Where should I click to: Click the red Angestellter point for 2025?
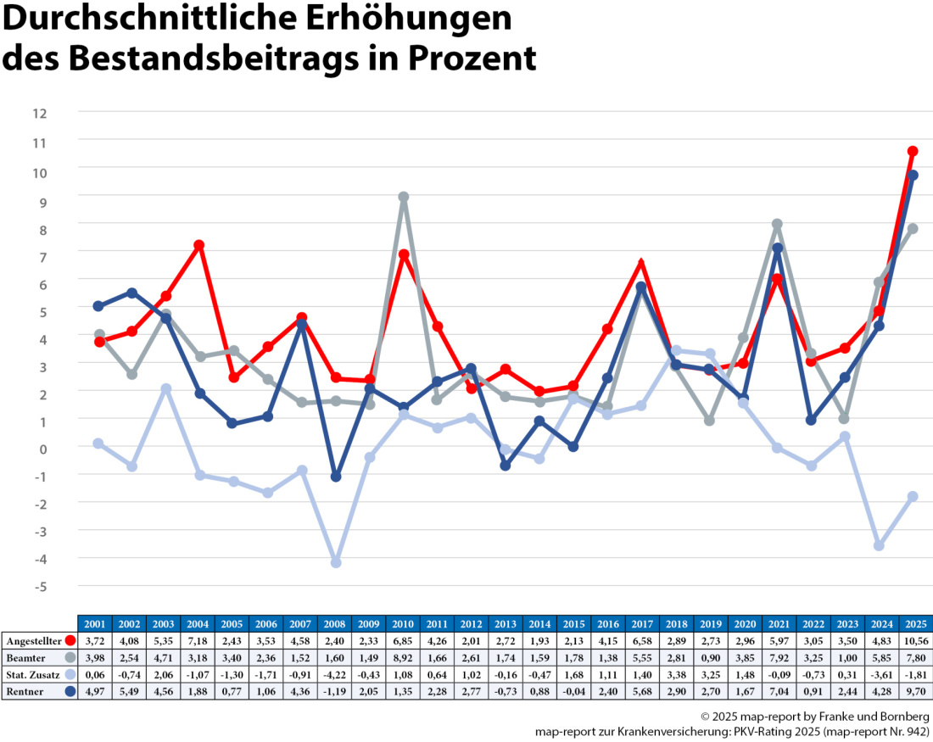913,151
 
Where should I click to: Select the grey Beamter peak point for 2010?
404,197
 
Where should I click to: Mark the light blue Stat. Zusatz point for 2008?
336,562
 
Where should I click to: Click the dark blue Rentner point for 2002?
132,293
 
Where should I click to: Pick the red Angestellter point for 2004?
199,245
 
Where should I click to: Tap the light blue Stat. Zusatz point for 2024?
879,545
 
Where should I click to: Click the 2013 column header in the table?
506,623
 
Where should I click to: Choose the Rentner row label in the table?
25,691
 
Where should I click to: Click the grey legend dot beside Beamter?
70,657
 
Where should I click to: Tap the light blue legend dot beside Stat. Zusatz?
70,674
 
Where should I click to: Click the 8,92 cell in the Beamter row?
404,657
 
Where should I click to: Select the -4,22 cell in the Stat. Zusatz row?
336,674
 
